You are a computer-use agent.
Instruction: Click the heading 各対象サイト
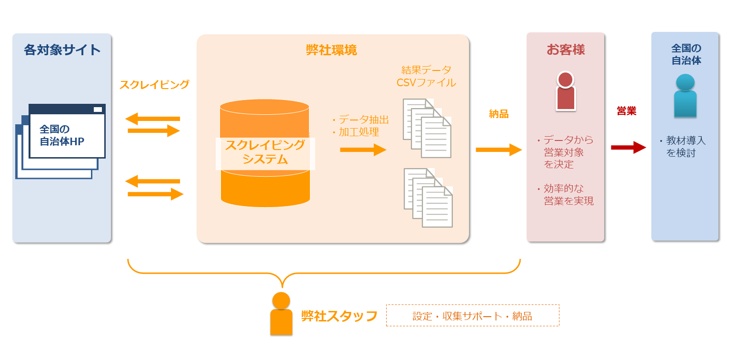[x=62, y=50]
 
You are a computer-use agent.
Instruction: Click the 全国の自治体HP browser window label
[x=61, y=135]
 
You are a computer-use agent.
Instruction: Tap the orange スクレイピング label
[x=154, y=85]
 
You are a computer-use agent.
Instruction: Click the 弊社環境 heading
[x=331, y=50]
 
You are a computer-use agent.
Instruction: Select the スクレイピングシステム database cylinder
[x=265, y=152]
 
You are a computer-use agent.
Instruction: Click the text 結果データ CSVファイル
[x=426, y=76]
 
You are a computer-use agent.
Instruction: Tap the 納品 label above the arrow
[x=499, y=114]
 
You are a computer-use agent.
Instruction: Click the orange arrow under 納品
[x=499, y=150]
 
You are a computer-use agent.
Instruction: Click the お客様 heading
[x=566, y=50]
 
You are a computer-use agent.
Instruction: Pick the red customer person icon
[x=566, y=91]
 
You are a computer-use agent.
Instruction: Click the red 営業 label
[x=626, y=111]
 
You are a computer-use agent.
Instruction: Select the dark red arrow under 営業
[x=628, y=148]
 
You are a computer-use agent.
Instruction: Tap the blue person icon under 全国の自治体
[x=685, y=96]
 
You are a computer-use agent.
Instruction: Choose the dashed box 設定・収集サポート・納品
[x=472, y=316]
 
